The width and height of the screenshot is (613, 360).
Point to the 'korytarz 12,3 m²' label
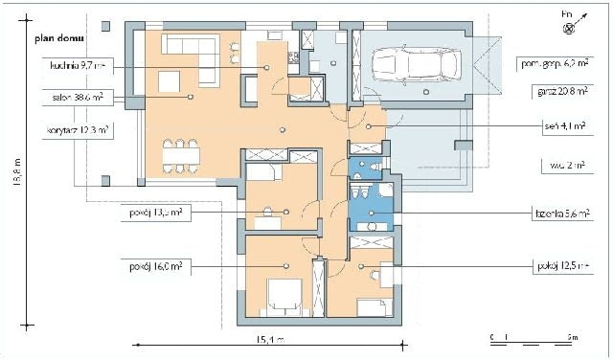point(78,129)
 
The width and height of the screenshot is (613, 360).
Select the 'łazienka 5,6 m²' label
point(561,213)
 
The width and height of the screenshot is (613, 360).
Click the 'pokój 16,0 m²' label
point(151,265)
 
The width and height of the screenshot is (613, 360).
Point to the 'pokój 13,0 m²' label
point(151,213)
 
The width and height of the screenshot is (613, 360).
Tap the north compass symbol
point(569,26)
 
